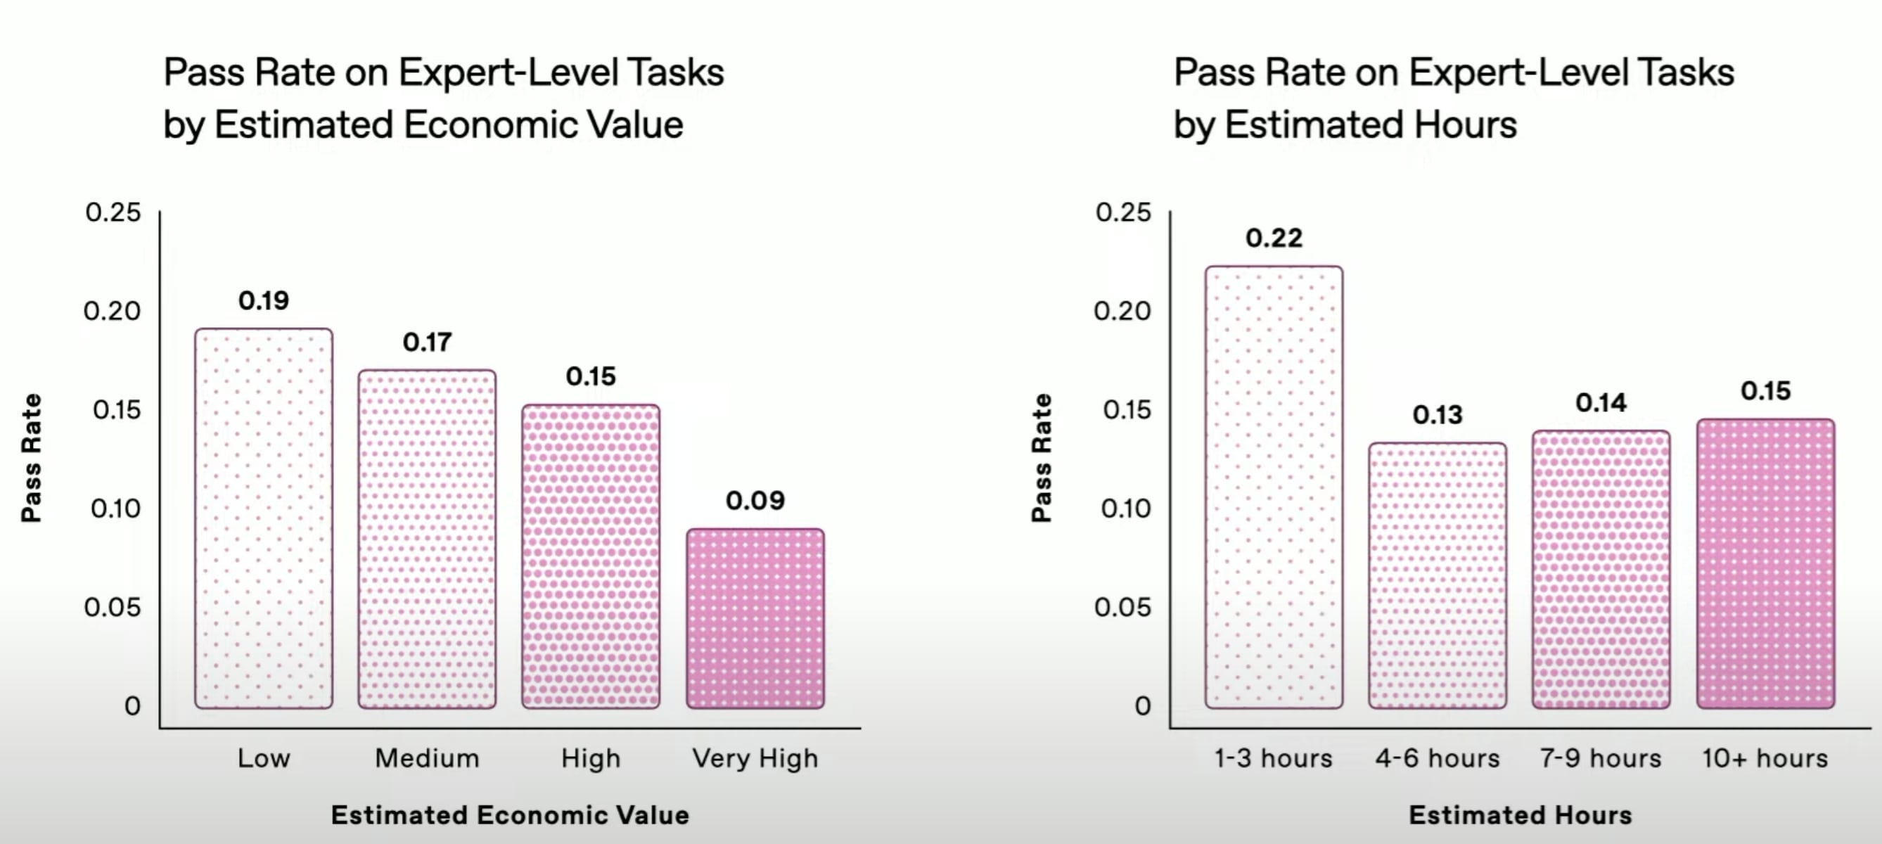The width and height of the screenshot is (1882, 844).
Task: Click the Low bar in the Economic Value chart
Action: [x=264, y=519]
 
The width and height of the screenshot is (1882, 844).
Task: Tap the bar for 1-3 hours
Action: [x=1274, y=487]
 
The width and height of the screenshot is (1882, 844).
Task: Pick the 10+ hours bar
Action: [x=1765, y=563]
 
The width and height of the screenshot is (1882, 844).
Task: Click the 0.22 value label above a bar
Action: [x=1274, y=238]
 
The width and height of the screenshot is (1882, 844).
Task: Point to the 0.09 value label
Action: [x=755, y=501]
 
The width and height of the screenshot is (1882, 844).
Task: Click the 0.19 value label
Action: [x=264, y=300]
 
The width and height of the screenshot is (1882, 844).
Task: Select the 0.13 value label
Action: [x=1438, y=415]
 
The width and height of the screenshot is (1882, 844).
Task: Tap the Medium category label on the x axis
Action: [x=427, y=758]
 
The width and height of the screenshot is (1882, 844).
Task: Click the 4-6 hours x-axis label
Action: [x=1438, y=758]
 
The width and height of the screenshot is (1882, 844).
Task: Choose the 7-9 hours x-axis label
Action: [x=1601, y=758]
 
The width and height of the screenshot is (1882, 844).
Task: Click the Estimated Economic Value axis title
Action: [x=510, y=814]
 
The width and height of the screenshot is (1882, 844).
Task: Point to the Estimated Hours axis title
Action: [x=1521, y=814]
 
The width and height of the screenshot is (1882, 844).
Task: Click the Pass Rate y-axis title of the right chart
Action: [x=1041, y=458]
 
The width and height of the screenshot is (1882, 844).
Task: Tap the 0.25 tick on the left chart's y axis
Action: [x=113, y=212]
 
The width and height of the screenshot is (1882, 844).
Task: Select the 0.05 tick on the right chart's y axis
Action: [x=1123, y=607]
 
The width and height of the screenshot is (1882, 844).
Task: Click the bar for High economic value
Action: [x=590, y=556]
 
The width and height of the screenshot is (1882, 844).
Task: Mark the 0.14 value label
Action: [x=1601, y=402]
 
